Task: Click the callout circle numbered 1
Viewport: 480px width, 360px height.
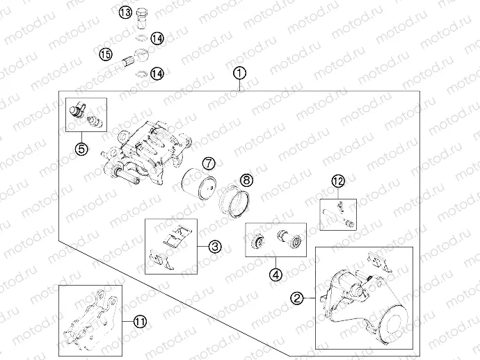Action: point(239,74)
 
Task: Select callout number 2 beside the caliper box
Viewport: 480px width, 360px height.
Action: point(296,297)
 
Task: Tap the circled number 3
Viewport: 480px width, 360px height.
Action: point(215,246)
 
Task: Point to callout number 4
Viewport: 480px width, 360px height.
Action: point(275,275)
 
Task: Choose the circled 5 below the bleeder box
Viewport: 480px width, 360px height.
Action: point(81,149)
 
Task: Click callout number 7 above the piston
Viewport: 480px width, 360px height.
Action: point(209,163)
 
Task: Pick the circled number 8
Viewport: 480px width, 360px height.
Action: point(247,180)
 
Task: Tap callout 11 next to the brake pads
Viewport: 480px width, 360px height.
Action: point(140,322)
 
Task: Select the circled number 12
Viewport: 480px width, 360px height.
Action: point(338,181)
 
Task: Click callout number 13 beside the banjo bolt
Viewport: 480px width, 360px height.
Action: point(125,13)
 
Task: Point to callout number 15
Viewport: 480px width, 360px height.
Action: point(106,54)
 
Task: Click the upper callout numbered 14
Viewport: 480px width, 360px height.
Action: point(157,38)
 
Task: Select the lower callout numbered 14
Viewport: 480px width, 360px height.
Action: point(157,74)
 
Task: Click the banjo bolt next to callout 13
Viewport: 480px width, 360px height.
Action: point(142,19)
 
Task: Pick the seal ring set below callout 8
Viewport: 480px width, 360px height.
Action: point(235,202)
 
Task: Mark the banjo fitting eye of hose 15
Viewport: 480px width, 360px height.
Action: point(142,56)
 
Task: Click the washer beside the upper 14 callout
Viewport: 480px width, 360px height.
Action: point(141,38)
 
